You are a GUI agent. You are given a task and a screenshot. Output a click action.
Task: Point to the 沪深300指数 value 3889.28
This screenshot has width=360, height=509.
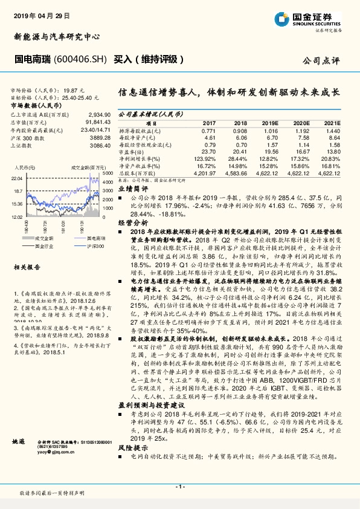tap(99, 137)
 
